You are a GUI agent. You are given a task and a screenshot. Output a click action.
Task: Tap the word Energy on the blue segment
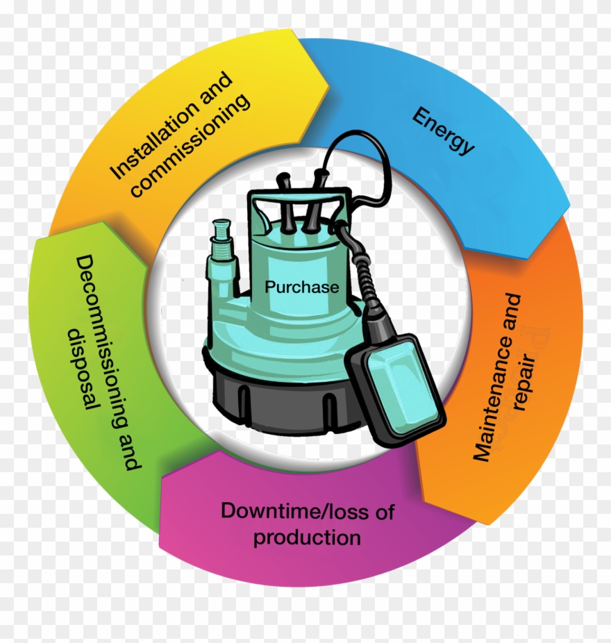(444, 131)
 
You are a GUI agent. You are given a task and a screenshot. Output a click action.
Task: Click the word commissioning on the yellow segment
(191, 145)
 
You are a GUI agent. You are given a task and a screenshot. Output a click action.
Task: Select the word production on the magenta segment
(307, 537)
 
